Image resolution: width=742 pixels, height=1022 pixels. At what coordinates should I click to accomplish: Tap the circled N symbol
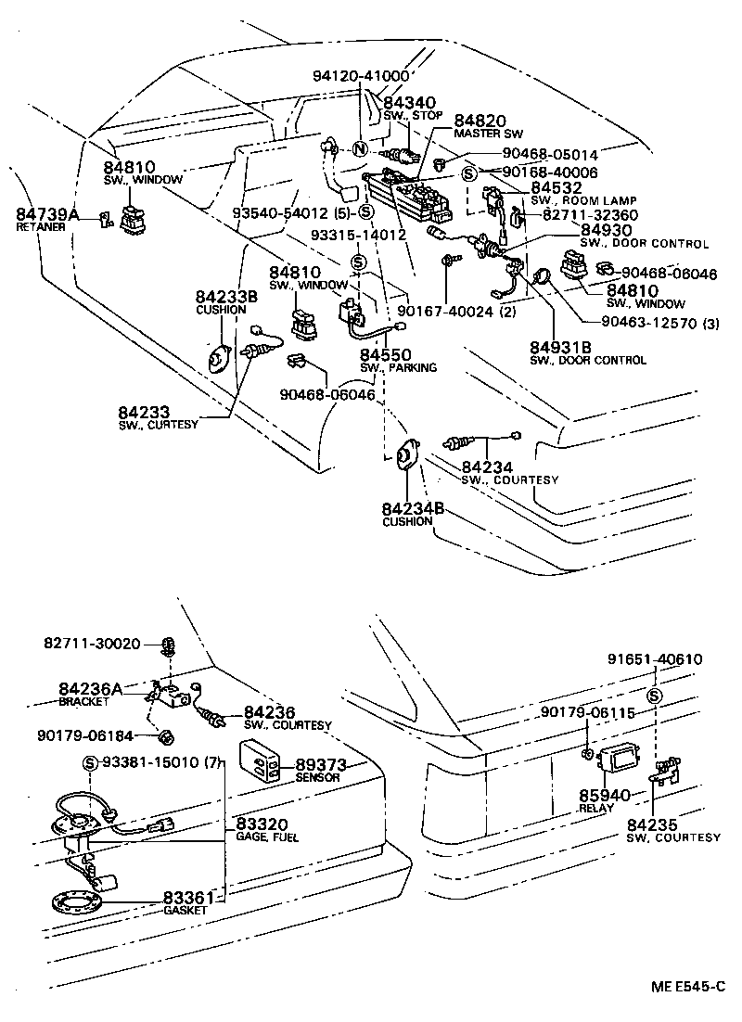(360, 149)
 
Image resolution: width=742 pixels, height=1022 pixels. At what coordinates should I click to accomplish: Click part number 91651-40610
(655, 660)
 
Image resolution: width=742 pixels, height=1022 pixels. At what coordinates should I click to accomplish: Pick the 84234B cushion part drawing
(406, 460)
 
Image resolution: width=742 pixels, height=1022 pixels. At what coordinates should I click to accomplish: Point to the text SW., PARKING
(398, 368)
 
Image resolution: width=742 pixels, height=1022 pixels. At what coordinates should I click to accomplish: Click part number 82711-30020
(92, 643)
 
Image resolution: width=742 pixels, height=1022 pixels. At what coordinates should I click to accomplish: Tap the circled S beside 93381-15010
(90, 762)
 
